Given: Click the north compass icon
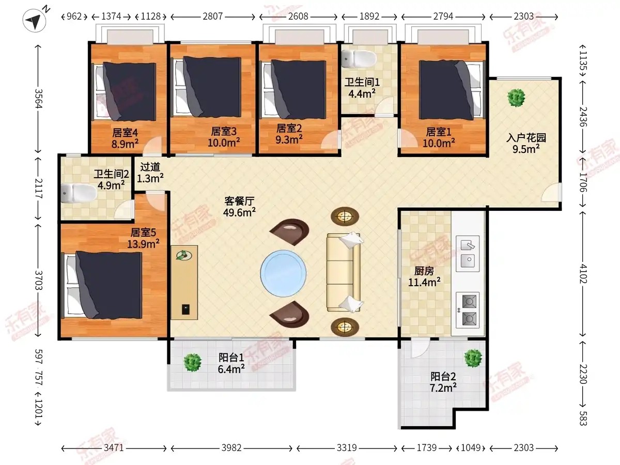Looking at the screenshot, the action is click(x=35, y=20).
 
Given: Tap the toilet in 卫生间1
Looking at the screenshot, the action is click(x=359, y=59).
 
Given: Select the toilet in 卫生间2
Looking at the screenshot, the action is click(x=79, y=193).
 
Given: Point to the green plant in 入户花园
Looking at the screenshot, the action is click(x=516, y=98).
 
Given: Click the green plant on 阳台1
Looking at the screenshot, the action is click(x=192, y=363).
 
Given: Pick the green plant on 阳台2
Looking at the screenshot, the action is click(x=473, y=358).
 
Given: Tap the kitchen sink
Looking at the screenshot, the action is click(x=468, y=254).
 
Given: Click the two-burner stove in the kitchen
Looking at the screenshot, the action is click(x=468, y=309).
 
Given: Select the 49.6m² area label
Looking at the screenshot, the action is click(x=240, y=212).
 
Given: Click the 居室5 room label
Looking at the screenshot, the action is click(x=143, y=233).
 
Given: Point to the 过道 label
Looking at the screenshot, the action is click(x=150, y=167).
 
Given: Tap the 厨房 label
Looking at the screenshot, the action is click(x=424, y=271).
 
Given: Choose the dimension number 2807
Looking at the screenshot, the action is click(x=213, y=17).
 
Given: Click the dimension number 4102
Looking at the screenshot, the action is click(x=583, y=274).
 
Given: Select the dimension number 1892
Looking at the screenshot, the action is click(x=369, y=17).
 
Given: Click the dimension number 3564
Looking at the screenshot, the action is click(x=38, y=99).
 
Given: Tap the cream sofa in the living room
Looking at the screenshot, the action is click(x=344, y=272).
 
